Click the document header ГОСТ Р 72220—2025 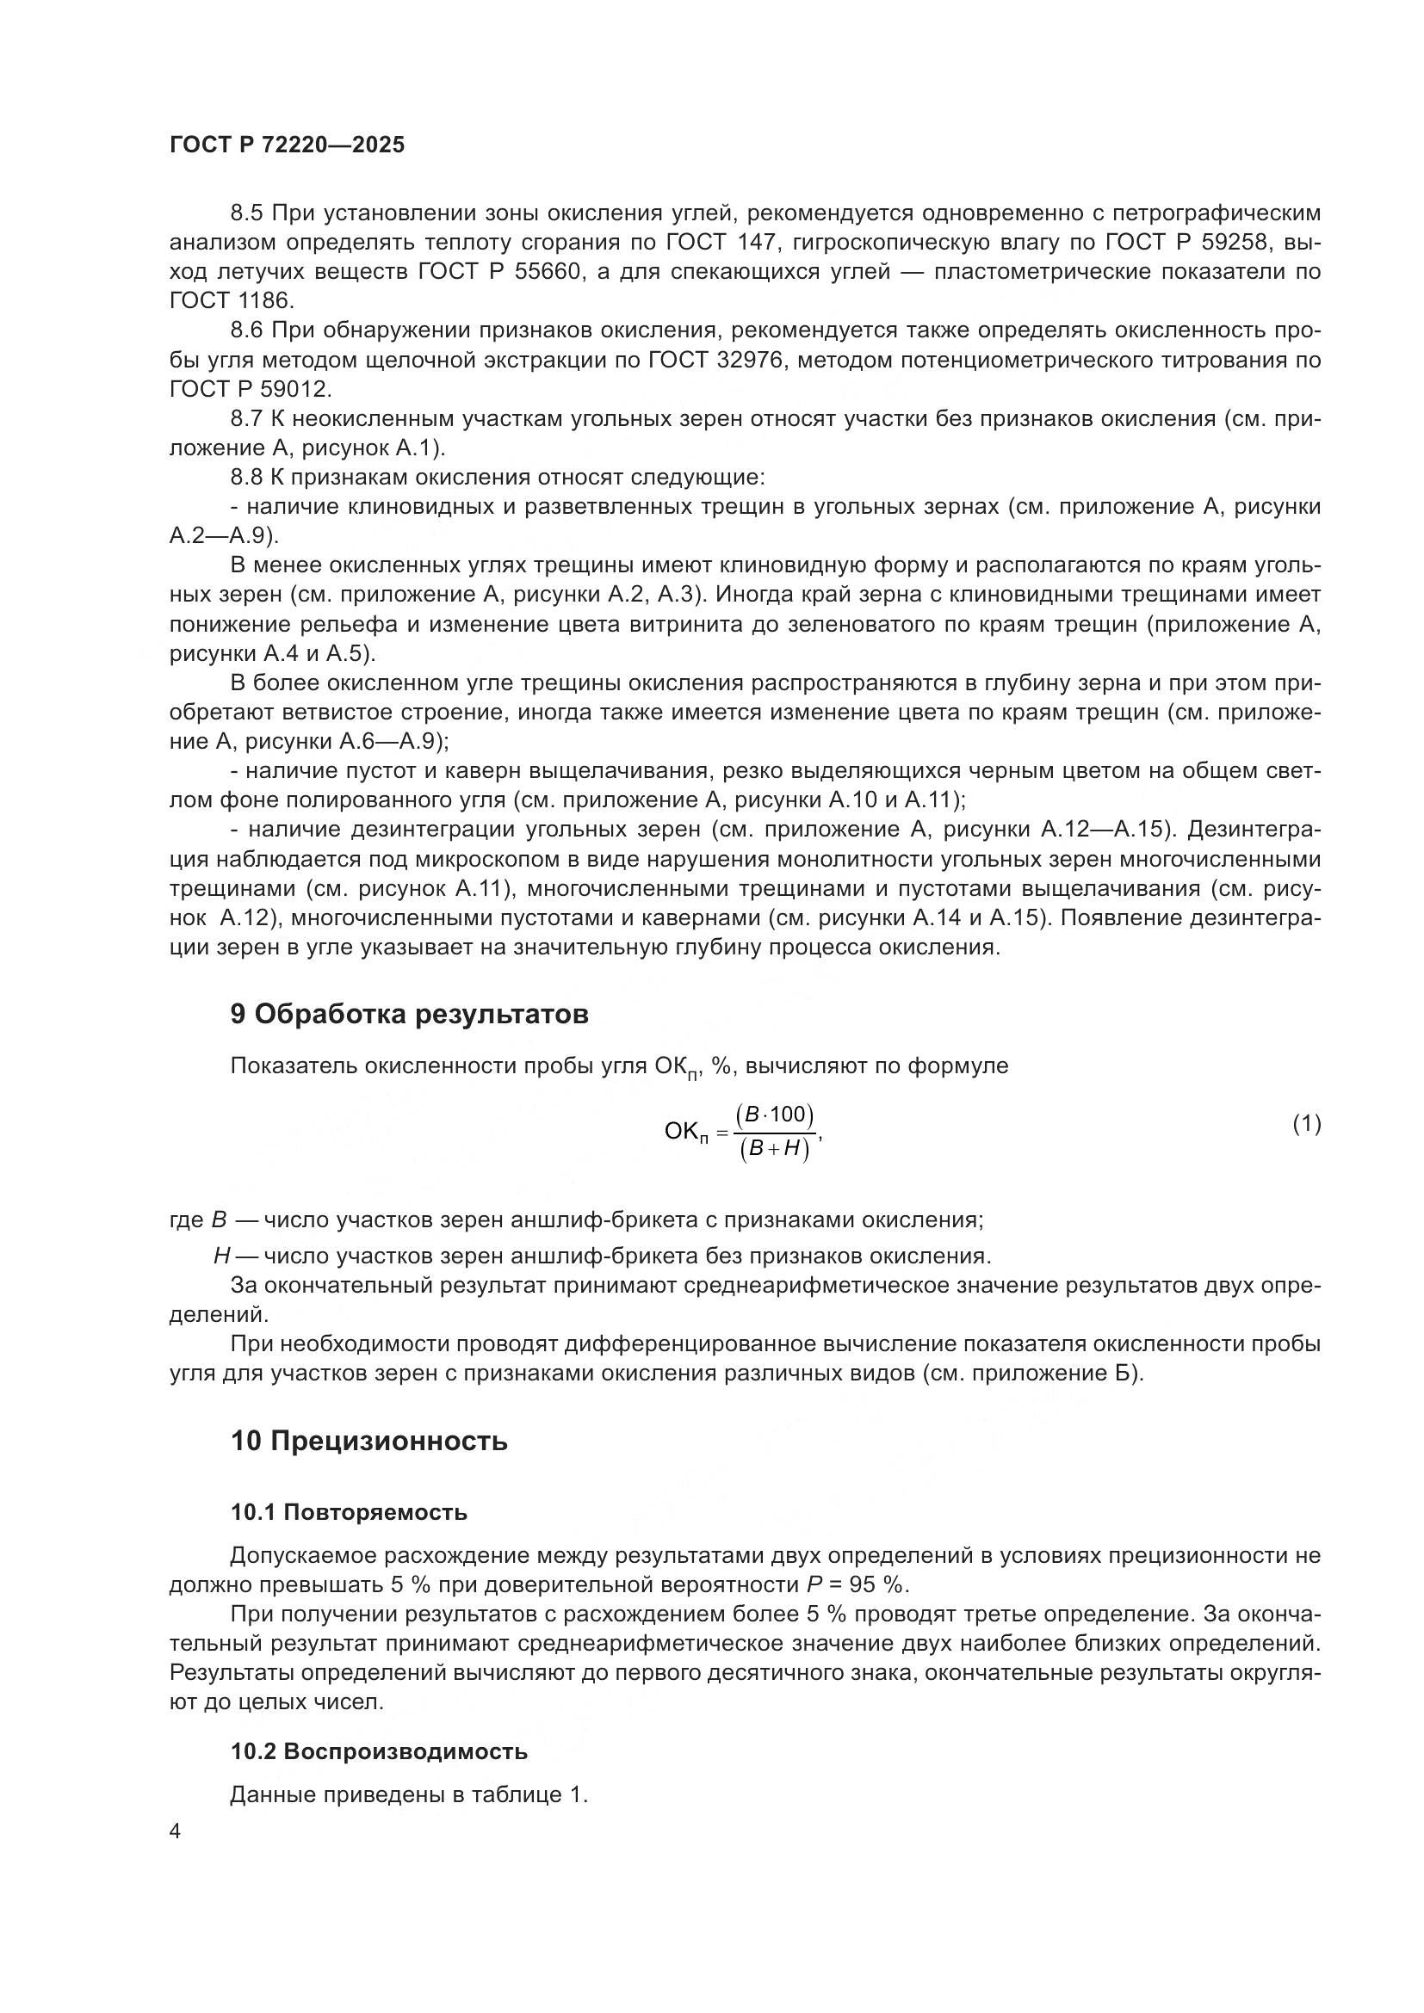(287, 145)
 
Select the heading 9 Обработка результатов (409, 1015)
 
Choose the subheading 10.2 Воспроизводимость (379, 1751)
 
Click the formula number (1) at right (1307, 1124)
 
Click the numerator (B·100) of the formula (775, 1115)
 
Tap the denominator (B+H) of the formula (775, 1150)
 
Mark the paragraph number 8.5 (248, 213)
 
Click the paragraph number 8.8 (248, 478)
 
